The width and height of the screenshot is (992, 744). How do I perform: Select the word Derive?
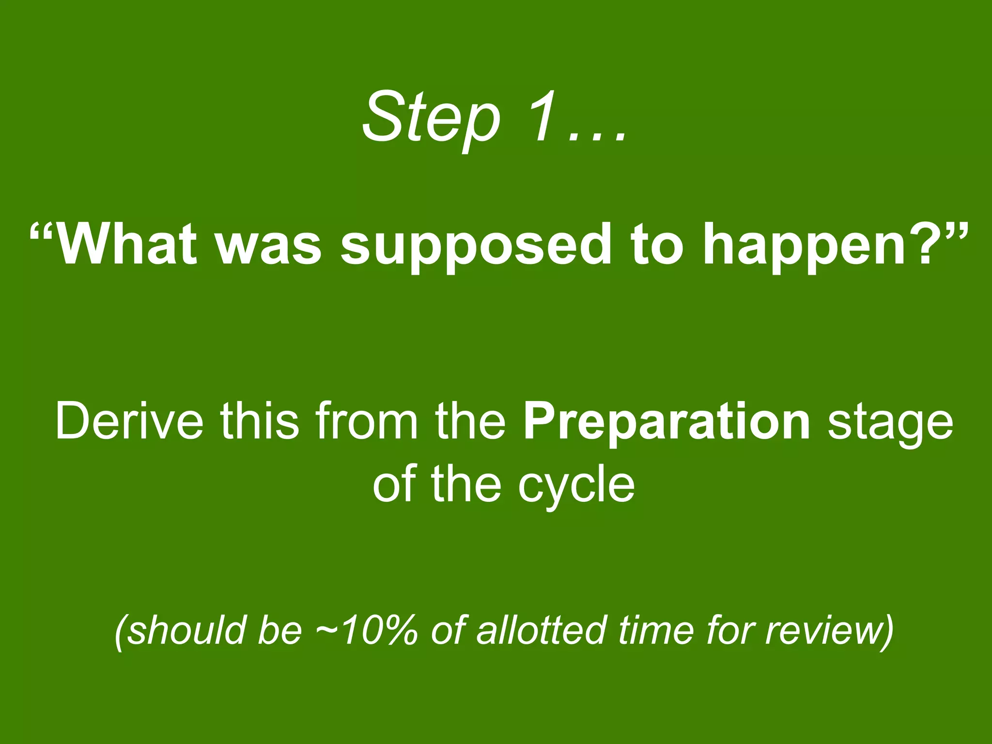pos(129,421)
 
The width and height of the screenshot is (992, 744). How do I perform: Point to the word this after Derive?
pos(260,421)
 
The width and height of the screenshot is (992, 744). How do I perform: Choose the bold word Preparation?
pos(666,421)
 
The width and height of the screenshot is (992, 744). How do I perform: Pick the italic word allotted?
pos(540,630)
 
